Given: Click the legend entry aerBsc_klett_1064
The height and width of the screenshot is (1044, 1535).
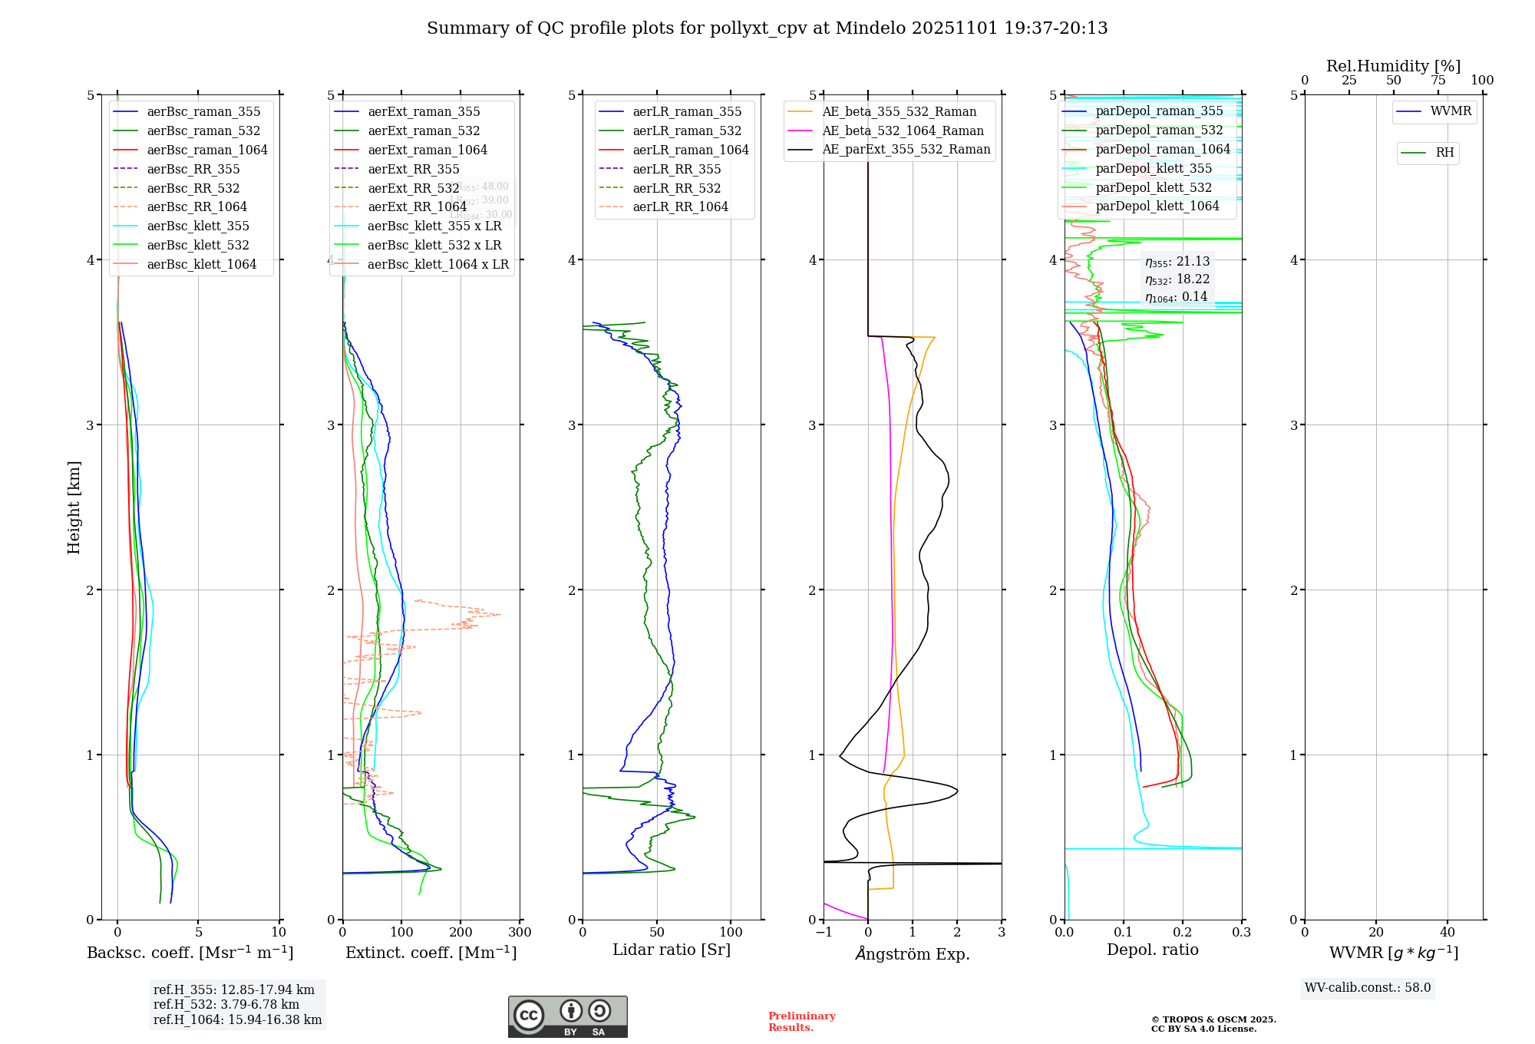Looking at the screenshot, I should tap(201, 264).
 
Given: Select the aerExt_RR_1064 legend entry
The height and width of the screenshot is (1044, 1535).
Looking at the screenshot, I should tap(417, 206).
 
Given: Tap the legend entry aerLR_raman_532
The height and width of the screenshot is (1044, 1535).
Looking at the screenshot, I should tap(687, 130).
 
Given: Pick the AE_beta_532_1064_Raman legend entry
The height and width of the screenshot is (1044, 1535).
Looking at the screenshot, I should tap(903, 130).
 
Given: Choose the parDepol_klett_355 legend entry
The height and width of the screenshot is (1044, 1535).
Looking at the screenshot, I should tap(1154, 168).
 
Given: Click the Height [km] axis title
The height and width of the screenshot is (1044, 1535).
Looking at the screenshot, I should tap(74, 507).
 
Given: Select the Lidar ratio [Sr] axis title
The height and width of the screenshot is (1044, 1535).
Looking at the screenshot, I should tap(672, 950).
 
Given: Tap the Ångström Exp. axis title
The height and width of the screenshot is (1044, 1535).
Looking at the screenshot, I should tap(912, 953).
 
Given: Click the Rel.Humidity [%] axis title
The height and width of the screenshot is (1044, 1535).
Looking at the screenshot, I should tap(1393, 66).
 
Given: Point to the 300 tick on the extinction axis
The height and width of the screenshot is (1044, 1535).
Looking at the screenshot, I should tap(520, 932).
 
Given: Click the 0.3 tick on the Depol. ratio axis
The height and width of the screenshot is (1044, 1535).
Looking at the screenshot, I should tap(1241, 932).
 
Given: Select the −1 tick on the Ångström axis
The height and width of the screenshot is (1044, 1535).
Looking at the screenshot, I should tap(824, 932).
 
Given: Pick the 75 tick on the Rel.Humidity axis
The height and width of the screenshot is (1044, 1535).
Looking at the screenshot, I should tap(1438, 81).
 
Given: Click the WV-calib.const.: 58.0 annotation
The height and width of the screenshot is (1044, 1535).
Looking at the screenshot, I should tap(1368, 987).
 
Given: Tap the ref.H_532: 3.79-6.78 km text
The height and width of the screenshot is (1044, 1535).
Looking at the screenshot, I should tap(226, 1004).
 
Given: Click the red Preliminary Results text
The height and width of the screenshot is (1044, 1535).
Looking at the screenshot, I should tap(801, 1021).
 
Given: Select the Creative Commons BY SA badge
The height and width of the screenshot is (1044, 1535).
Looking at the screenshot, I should tap(567, 1016).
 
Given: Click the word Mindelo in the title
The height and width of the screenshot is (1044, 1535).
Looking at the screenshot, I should tap(870, 28).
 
